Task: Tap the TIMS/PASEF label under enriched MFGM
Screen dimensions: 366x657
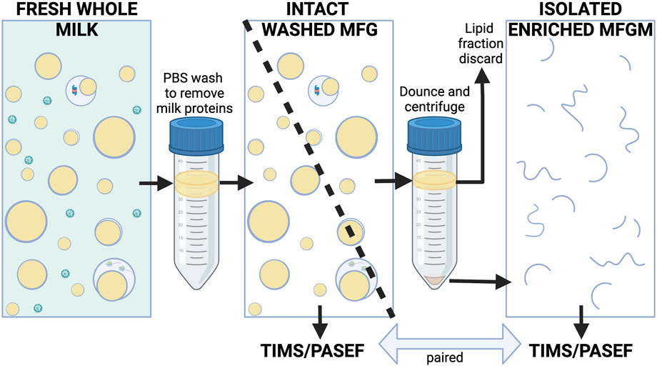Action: tap(580, 351)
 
